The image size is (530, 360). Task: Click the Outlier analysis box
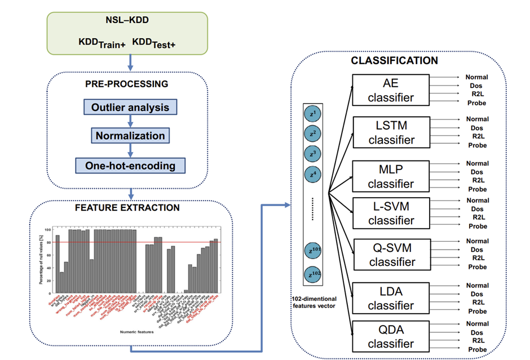tap(130, 107)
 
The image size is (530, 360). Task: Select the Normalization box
tap(130, 136)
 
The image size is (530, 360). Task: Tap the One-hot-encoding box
tap(130, 166)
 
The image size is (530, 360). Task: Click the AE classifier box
tap(391, 90)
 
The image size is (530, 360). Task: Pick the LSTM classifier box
tap(391, 132)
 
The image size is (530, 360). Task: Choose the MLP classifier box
tap(391, 176)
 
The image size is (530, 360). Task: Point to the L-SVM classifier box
tap(391, 213)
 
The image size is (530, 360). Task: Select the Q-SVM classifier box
tap(391, 254)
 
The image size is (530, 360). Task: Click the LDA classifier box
tap(391, 298)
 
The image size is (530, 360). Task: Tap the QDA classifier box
tap(391, 336)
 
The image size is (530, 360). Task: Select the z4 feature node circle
tap(311, 175)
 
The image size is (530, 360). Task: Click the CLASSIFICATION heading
tap(394, 61)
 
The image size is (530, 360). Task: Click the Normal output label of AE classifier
tap(477, 77)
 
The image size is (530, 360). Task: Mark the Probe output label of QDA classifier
tap(477, 349)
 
